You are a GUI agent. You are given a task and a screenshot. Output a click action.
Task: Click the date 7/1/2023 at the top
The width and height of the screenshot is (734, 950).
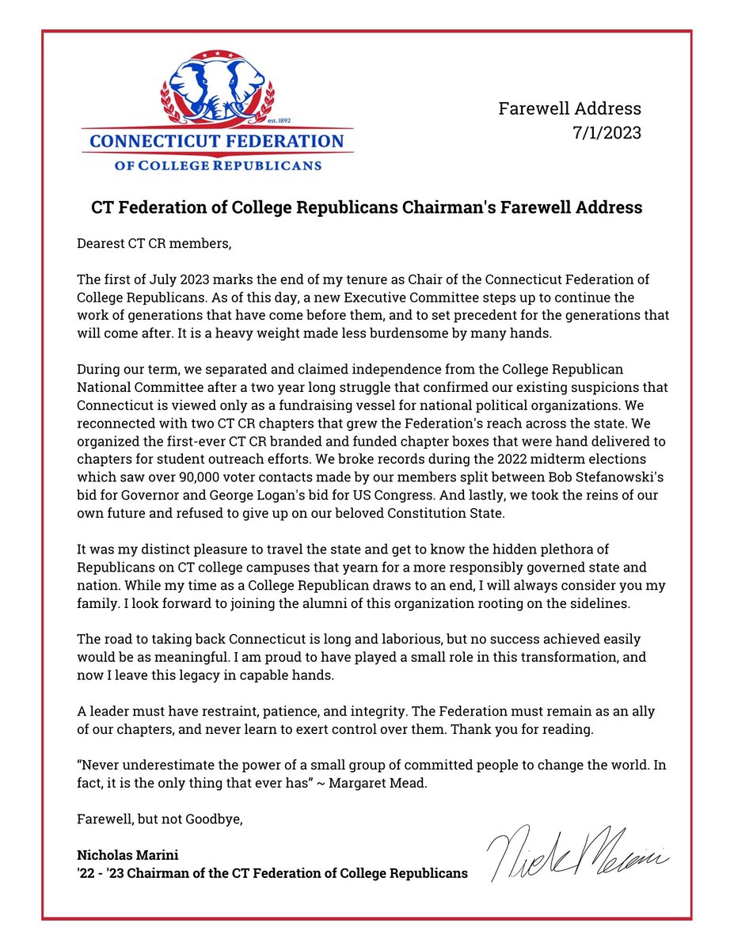click(x=608, y=133)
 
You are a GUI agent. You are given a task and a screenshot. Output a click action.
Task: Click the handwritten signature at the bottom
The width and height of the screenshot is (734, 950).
click(x=579, y=856)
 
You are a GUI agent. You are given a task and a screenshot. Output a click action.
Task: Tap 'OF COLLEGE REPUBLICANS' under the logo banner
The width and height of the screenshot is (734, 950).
click(x=218, y=165)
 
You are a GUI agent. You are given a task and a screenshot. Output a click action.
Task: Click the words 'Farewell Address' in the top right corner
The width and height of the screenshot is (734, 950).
click(x=569, y=108)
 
